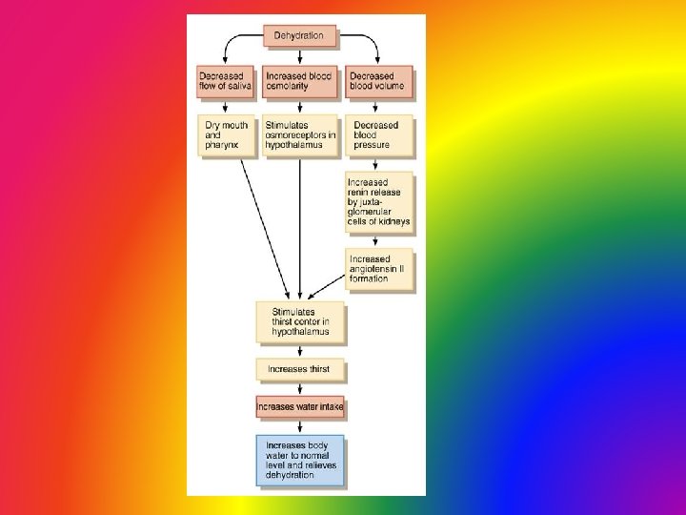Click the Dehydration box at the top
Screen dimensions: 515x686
point(299,36)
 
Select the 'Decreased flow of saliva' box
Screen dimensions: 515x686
point(225,81)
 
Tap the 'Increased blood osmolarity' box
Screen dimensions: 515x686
point(299,81)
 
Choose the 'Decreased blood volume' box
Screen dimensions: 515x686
point(379,81)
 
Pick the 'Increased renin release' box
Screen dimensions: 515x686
point(378,201)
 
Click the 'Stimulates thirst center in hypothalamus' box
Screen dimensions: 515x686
point(300,321)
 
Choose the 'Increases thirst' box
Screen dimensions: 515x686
point(300,369)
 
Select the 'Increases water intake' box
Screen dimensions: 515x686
point(300,407)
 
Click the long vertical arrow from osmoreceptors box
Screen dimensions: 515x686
point(300,229)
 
